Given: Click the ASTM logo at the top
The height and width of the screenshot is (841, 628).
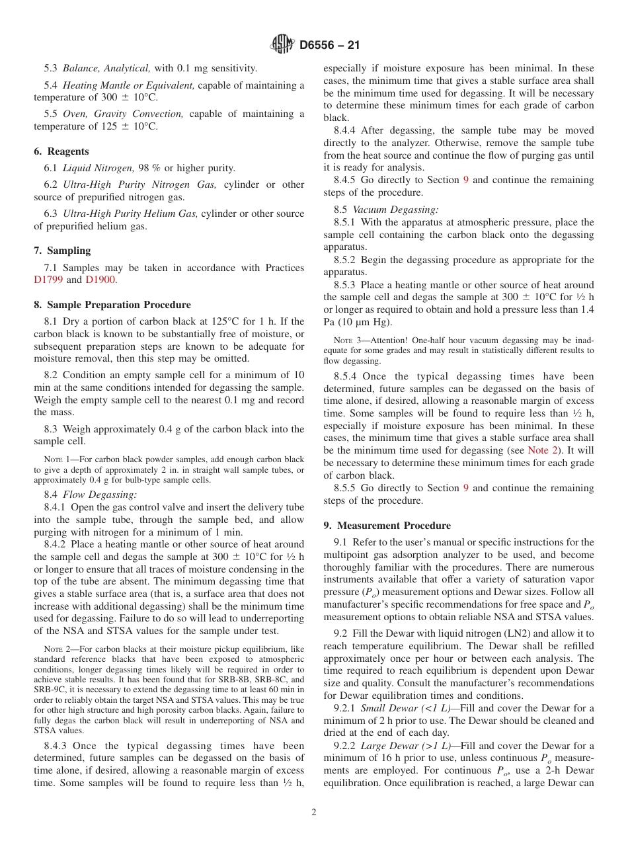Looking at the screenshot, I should pos(282,46).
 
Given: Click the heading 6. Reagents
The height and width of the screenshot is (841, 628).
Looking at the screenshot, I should pos(61,151).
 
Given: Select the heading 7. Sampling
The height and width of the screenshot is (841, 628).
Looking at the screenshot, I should pos(62,251).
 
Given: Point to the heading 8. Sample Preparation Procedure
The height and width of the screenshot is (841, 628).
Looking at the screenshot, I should pos(112,305).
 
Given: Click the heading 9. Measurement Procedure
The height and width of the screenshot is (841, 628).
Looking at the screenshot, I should pos(387,526).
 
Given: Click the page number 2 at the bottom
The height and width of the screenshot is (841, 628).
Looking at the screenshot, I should pos(314,813).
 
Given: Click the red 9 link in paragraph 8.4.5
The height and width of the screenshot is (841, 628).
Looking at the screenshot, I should pos(466,180).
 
